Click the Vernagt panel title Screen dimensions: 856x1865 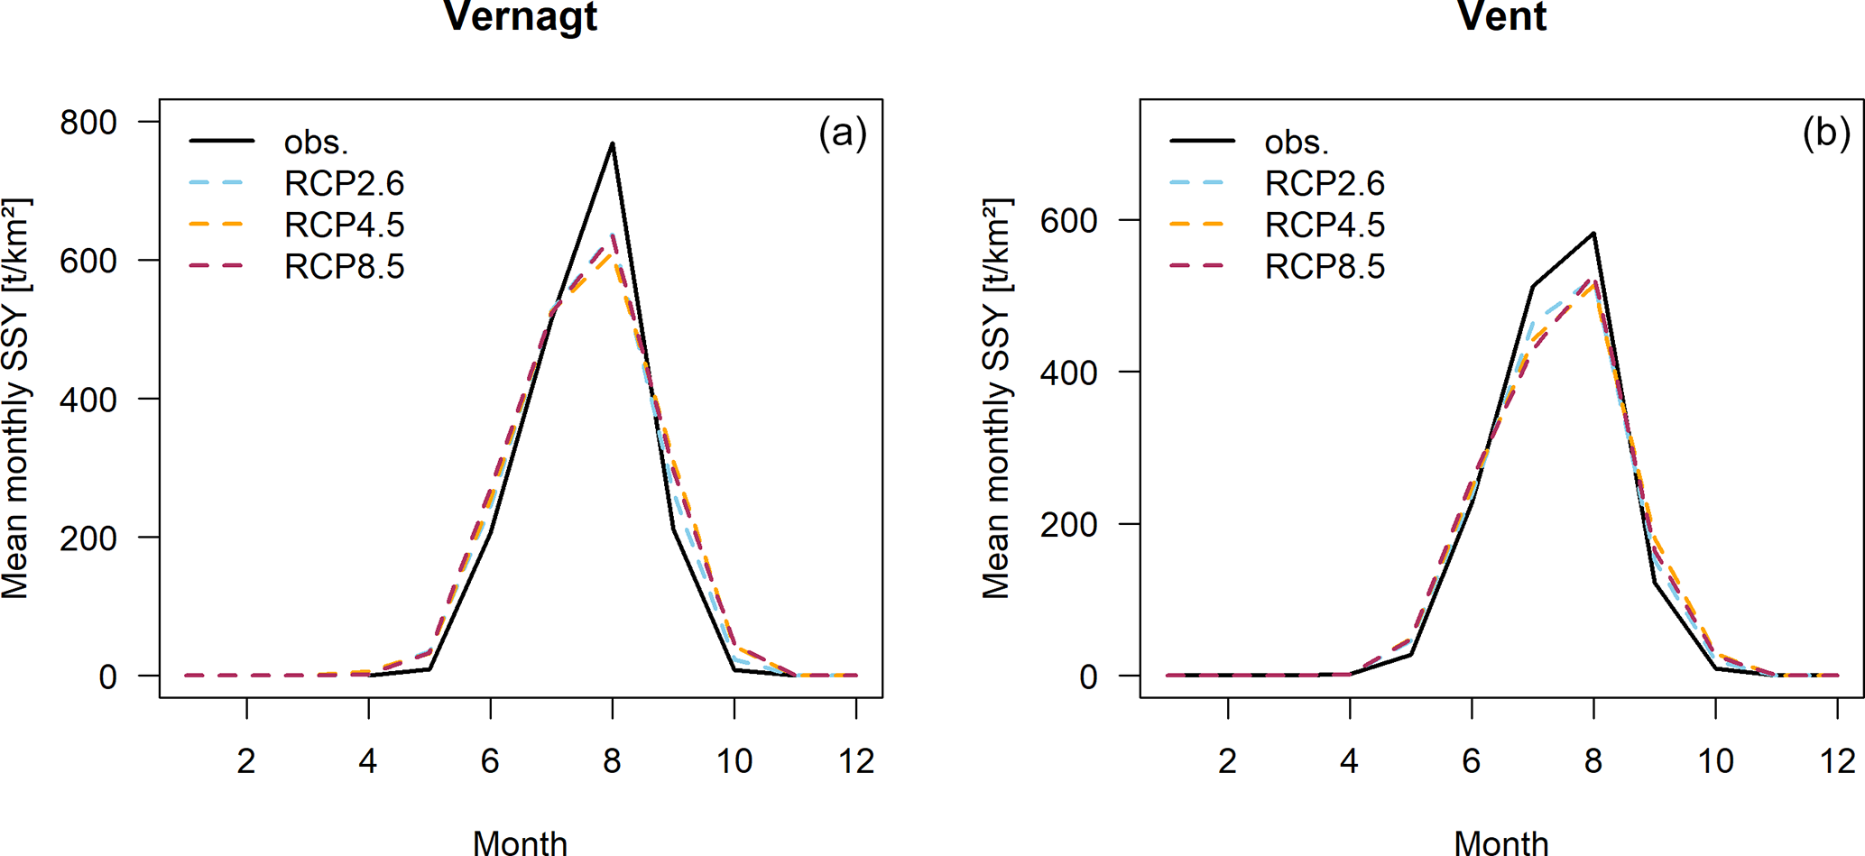tap(521, 16)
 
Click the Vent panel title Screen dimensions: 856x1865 tap(1501, 16)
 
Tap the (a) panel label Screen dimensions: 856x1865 tap(842, 133)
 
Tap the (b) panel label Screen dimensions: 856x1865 tap(1825, 133)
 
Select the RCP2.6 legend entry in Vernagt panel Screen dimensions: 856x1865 tap(344, 183)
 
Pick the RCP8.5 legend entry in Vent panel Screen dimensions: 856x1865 tap(1324, 266)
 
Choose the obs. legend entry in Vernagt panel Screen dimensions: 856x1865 tap(316, 142)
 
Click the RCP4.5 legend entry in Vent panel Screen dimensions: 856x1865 tap(1324, 225)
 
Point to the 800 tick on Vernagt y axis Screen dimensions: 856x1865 tap(88, 122)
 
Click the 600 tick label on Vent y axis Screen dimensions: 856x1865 tap(1068, 220)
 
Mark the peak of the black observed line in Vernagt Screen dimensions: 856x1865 tap(612, 143)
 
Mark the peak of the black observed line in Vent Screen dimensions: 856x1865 tap(1593, 234)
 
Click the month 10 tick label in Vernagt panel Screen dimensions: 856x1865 tap(734, 761)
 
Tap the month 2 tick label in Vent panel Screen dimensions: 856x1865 tap(1227, 761)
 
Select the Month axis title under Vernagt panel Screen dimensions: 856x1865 tap(521, 842)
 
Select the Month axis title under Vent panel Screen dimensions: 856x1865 tap(1501, 842)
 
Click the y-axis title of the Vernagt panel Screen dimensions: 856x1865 tap(16, 398)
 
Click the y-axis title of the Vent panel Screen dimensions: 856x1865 tap(996, 398)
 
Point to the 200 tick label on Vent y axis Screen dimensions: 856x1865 tap(1068, 524)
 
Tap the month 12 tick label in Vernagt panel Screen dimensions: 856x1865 tap(856, 761)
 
